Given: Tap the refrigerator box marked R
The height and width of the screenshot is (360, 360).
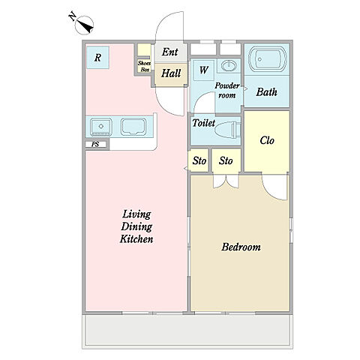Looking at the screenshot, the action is tap(97, 58).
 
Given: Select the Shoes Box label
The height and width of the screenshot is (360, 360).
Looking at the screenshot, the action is tap(144, 67).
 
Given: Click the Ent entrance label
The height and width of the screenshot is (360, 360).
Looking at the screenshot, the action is tap(170, 52).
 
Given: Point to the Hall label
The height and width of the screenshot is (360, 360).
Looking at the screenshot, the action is tap(171, 73).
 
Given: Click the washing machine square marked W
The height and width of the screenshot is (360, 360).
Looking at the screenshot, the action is tap(204, 70).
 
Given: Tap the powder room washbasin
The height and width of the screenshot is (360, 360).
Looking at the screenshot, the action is tap(229, 66).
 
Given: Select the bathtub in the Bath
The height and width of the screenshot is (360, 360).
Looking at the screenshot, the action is tap(268, 59).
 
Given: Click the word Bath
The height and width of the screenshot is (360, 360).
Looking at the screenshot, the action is tap(266, 92).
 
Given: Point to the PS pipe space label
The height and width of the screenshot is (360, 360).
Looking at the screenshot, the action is tap(95, 144).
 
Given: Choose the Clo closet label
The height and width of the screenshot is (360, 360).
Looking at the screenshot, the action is tap(267, 140).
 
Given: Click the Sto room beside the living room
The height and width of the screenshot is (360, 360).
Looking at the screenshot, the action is tap(199, 160).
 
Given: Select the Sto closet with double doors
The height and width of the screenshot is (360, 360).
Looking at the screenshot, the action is tap(226, 160).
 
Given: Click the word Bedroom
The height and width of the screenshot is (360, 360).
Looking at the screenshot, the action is tap(241, 247).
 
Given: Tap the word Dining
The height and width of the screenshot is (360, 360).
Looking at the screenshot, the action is tap(136, 226).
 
